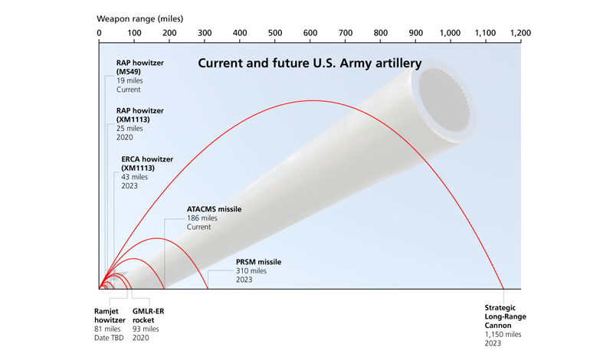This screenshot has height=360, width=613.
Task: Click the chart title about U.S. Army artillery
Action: point(310,64)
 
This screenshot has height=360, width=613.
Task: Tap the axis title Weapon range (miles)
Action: point(140,18)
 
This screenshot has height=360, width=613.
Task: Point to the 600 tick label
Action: point(310,33)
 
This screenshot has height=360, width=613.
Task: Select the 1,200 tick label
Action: point(520,33)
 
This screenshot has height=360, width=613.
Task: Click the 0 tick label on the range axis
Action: point(100,33)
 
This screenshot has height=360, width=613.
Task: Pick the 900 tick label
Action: point(415,33)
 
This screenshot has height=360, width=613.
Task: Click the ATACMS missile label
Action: point(214,209)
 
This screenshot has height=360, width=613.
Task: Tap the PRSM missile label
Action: point(258,262)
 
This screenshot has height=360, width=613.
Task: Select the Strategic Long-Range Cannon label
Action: point(505,316)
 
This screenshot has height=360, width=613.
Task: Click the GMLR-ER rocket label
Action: point(148,316)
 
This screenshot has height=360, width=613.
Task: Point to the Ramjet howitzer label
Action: point(110,316)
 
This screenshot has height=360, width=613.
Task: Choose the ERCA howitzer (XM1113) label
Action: point(147,163)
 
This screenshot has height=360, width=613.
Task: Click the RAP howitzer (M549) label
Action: point(140,67)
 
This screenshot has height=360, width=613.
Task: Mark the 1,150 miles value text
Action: point(503,335)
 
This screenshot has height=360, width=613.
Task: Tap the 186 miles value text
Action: point(202,218)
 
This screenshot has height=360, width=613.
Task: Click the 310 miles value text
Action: point(251,271)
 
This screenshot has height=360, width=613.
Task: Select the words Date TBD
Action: point(109,338)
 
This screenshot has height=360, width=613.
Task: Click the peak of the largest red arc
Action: point(313,101)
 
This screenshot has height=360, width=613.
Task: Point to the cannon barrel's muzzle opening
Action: point(444,100)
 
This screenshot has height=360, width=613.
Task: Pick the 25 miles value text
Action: point(129,128)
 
